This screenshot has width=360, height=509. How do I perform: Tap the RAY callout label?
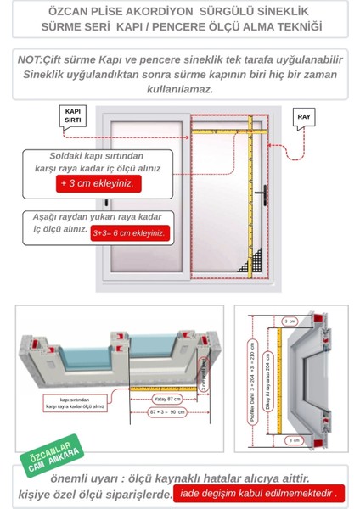pyautogui.click(x=304, y=115)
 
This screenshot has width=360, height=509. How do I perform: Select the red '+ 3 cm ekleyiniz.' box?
pyautogui.click(x=95, y=183)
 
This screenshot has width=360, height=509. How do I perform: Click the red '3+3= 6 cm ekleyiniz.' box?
pyautogui.click(x=130, y=232)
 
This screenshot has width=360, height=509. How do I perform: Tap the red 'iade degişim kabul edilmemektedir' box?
pyautogui.click(x=257, y=493)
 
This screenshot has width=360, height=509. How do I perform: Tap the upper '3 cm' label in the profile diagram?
pyautogui.click(x=289, y=322)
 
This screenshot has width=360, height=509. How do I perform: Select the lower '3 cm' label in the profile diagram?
pyautogui.click(x=289, y=440)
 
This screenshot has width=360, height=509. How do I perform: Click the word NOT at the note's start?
pyautogui.click(x=32, y=59)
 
